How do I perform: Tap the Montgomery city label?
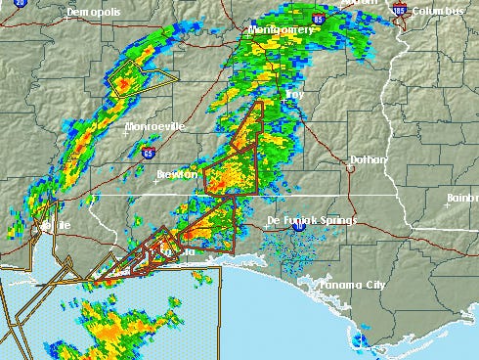click(x=282, y=30)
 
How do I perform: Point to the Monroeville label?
click(x=154, y=127)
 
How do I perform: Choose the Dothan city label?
click(x=369, y=159)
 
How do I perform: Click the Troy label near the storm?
click(x=294, y=96)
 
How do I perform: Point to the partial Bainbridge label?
click(x=462, y=198)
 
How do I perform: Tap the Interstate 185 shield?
click(x=398, y=11)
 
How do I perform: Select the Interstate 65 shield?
click(x=148, y=153)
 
